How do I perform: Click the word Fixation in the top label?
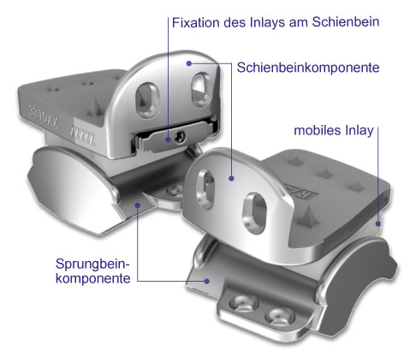[195, 22]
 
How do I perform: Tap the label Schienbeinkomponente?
[308, 68]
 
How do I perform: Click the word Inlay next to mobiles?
[360, 131]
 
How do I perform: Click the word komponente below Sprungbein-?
[93, 278]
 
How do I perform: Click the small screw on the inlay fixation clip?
[181, 137]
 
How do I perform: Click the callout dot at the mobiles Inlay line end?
[378, 223]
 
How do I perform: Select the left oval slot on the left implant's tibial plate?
[147, 100]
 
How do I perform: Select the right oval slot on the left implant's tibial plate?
[200, 90]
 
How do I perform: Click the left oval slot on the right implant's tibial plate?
[205, 189]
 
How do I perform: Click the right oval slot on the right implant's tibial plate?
[254, 213]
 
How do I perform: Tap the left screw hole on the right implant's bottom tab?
[243, 303]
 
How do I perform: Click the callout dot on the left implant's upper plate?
[189, 63]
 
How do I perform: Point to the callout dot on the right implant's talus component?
[207, 281]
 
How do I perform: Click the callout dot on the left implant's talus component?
[138, 205]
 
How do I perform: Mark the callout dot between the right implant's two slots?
[231, 178]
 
